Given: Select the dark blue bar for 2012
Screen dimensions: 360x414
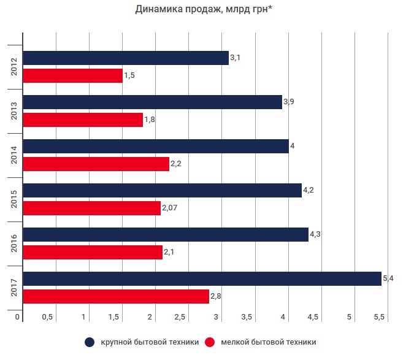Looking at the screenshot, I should (x=125, y=58).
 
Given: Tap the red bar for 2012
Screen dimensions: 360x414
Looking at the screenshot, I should (x=72, y=75).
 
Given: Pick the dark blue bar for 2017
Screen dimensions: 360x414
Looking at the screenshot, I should (x=202, y=279).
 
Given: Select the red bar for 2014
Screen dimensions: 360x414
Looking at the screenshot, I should (x=96, y=164).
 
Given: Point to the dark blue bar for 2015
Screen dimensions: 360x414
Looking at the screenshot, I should (x=162, y=190).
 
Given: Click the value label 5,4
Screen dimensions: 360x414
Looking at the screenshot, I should (x=388, y=279).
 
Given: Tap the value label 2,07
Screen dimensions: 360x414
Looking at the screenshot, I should (x=169, y=209).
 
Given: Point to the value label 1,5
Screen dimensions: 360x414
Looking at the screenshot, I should (x=129, y=75).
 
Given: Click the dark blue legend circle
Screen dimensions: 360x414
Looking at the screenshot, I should (x=90, y=342).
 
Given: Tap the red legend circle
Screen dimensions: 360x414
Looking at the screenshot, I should (x=210, y=342).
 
